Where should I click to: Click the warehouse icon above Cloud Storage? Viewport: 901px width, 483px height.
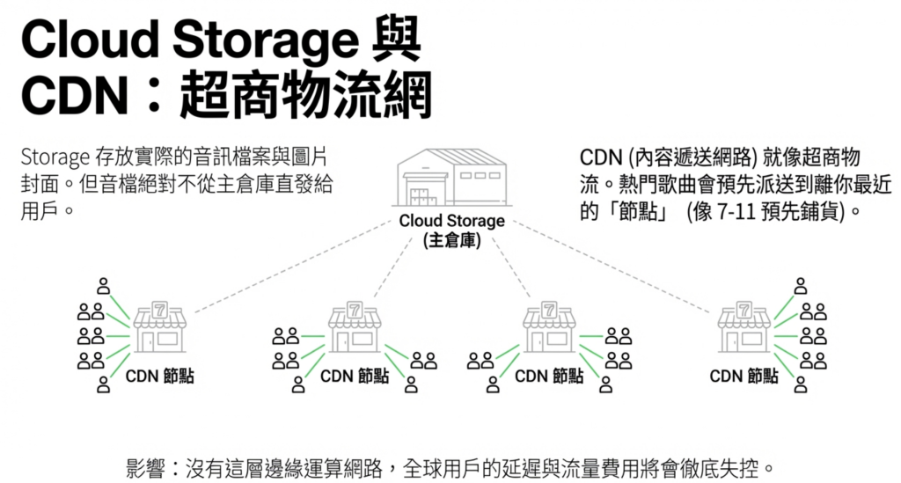click(x=451, y=176)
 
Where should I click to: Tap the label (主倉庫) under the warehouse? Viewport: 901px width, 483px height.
click(x=451, y=240)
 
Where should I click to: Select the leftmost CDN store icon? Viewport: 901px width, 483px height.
click(x=159, y=327)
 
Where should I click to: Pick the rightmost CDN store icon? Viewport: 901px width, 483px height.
click(x=744, y=327)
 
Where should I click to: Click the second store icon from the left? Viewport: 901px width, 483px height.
click(x=355, y=327)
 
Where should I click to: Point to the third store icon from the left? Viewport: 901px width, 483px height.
click(x=549, y=327)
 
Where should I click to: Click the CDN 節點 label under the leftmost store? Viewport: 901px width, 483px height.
click(x=159, y=377)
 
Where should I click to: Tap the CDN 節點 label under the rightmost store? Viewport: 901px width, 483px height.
click(x=744, y=377)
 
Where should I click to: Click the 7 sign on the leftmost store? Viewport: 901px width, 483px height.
click(x=159, y=309)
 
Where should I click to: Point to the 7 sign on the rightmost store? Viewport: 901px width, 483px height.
click(x=744, y=309)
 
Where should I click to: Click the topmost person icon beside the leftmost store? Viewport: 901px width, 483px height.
click(x=104, y=285)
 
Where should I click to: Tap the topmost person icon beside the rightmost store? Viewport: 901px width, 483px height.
click(x=800, y=285)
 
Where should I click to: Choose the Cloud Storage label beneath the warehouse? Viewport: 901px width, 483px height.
click(x=451, y=221)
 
